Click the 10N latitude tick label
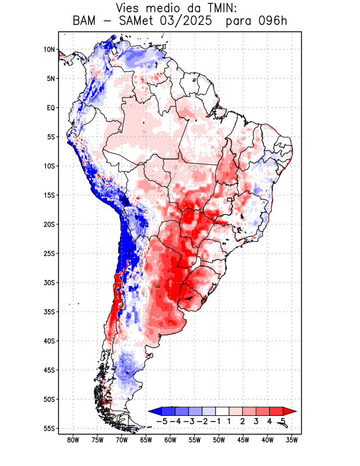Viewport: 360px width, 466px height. (x=49, y=50)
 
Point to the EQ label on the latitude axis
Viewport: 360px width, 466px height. (x=50, y=108)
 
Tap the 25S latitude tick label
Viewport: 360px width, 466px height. (x=49, y=253)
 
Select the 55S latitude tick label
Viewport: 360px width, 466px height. (x=49, y=428)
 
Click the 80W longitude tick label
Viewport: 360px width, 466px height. (x=73, y=440)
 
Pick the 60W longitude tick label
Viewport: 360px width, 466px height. (x=171, y=440)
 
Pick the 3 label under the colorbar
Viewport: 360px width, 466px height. (x=256, y=421)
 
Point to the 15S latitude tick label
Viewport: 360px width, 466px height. (x=49, y=195)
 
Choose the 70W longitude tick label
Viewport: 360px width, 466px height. (x=122, y=440)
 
